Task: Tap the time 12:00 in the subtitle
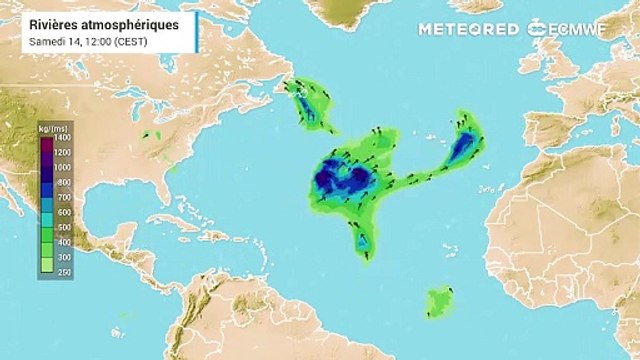click(x=94, y=41)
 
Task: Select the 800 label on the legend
click(x=63, y=183)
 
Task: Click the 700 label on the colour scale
click(x=63, y=199)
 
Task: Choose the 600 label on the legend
click(x=63, y=212)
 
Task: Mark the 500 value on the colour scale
click(x=63, y=227)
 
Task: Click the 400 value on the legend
click(x=63, y=241)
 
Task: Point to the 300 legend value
click(x=63, y=256)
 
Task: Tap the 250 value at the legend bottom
click(x=63, y=271)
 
